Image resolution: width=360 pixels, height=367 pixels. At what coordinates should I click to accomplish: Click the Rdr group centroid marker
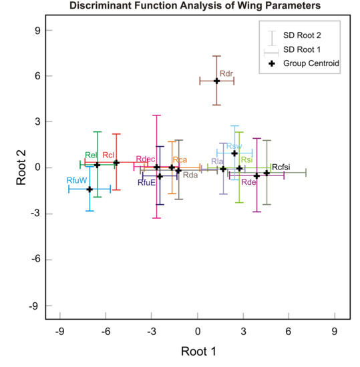tap(216, 81)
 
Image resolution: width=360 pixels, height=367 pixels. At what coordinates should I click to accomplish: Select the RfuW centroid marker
tap(89, 190)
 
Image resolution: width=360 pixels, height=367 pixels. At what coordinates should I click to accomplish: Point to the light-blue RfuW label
tap(77, 181)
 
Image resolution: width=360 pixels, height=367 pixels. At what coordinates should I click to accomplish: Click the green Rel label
tap(92, 155)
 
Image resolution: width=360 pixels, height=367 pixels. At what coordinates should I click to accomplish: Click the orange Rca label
tap(180, 160)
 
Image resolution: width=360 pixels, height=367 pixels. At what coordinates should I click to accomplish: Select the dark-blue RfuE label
tap(147, 182)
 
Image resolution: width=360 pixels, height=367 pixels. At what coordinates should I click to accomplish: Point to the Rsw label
tap(234, 146)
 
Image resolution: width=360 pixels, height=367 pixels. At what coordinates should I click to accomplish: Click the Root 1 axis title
tap(198, 350)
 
